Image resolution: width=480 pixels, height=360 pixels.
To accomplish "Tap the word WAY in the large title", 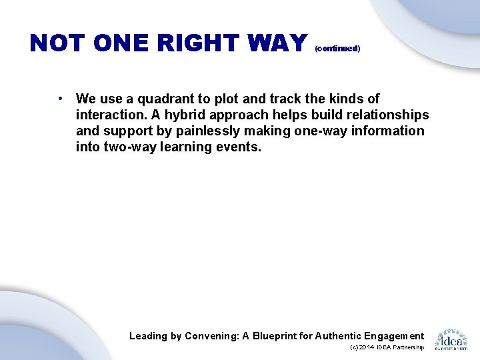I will click(275, 43).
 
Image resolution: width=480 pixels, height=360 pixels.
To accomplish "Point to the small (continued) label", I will click(337, 49).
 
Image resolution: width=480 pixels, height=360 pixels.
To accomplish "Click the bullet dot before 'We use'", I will click(60, 99).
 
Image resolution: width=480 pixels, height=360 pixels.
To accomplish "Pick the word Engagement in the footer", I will click(391, 336).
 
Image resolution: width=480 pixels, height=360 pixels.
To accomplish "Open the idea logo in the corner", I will click(451, 339).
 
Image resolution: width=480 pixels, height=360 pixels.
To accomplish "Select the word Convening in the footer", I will click(211, 336).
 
